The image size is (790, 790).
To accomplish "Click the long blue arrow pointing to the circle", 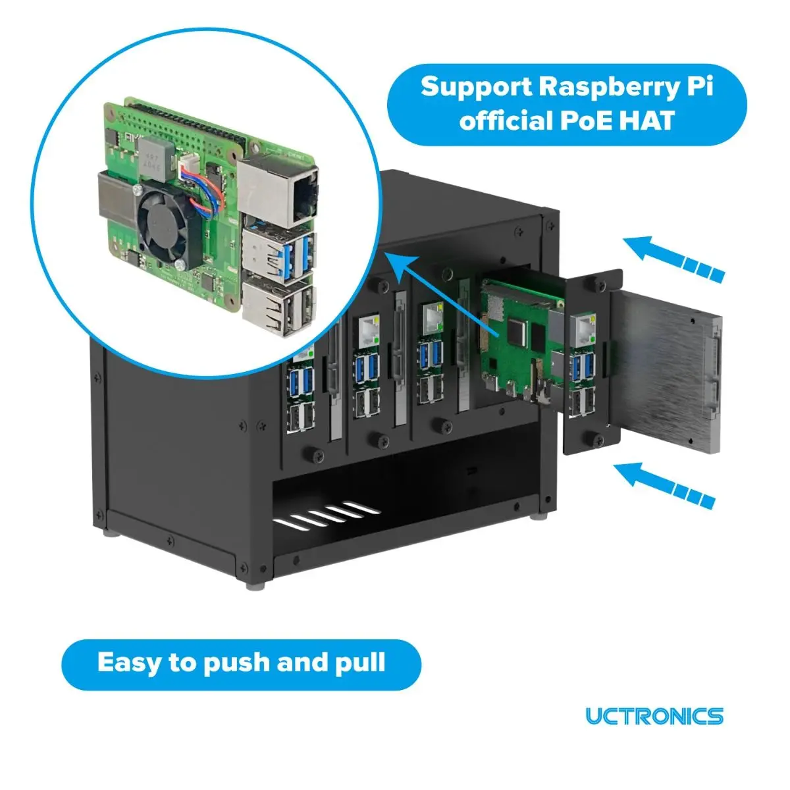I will tap(441, 293).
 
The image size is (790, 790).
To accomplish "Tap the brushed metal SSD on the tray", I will tap(665, 369).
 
